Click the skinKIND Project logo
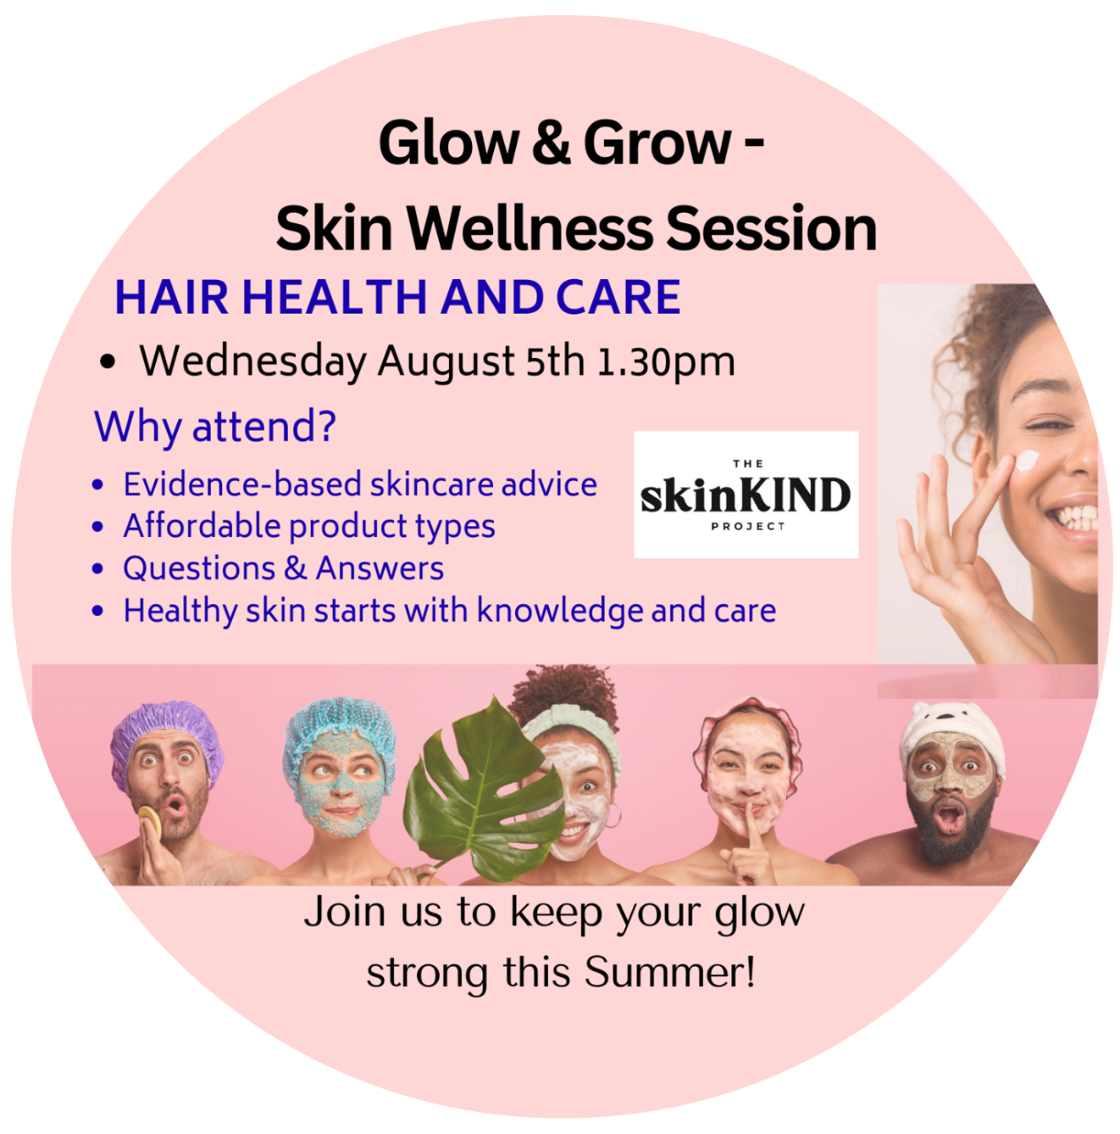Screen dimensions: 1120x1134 [x=745, y=494]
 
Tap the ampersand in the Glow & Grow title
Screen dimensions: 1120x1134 [x=552, y=143]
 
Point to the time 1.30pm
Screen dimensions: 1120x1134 [x=666, y=362]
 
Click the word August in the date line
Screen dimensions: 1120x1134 [x=446, y=362]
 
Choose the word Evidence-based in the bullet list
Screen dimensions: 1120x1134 [x=242, y=485]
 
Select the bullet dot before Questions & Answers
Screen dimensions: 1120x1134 [x=97, y=569]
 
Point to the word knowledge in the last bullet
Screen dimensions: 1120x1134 [x=560, y=610]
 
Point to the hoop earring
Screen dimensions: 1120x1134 [x=613, y=816]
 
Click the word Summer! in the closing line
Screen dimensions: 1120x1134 [x=669, y=972]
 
